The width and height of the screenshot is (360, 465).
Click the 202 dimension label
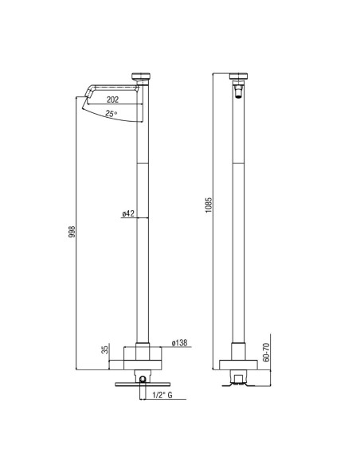112,100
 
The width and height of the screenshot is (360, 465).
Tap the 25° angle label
112,113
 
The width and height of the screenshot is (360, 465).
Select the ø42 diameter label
128,213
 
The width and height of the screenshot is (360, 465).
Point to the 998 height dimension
72,232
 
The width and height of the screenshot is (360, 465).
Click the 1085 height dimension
209,205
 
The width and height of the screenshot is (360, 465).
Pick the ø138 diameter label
179,343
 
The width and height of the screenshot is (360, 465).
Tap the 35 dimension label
105,350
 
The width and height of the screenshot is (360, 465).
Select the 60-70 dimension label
266,352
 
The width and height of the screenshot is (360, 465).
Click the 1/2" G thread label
162,395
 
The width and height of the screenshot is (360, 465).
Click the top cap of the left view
141,76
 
